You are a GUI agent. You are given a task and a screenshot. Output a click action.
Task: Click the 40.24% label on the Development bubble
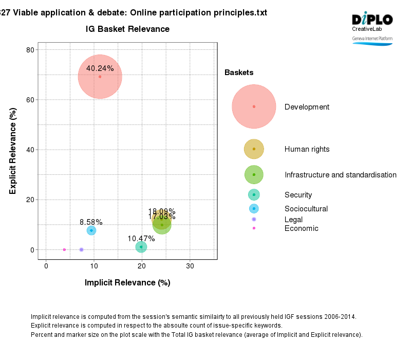100,68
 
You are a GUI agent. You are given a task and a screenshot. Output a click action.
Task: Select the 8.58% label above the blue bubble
91,222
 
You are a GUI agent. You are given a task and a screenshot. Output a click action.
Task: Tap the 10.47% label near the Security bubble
141,239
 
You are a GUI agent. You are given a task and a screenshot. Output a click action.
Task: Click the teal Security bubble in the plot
141,247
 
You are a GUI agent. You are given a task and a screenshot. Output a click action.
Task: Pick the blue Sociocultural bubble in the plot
91,230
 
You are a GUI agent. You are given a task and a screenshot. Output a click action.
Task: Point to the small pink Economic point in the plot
64,249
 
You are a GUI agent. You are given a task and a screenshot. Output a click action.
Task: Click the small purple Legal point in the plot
81,249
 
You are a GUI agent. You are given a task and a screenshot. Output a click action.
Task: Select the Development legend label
307,107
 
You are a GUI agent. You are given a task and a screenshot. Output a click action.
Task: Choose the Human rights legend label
307,149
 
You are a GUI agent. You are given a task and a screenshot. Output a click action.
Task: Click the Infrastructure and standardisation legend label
340,175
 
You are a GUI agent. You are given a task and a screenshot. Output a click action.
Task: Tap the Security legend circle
254,194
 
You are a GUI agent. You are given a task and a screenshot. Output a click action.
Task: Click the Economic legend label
301,228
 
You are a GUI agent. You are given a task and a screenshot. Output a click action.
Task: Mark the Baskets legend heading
239,73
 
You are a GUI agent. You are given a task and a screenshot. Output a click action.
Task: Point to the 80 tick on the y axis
29,50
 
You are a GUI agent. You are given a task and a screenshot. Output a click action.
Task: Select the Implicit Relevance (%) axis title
127,282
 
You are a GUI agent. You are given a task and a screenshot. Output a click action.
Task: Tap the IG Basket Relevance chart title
127,29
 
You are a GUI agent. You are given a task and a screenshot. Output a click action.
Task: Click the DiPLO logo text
372,20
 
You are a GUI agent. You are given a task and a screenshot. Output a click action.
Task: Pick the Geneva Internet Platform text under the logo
372,39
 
